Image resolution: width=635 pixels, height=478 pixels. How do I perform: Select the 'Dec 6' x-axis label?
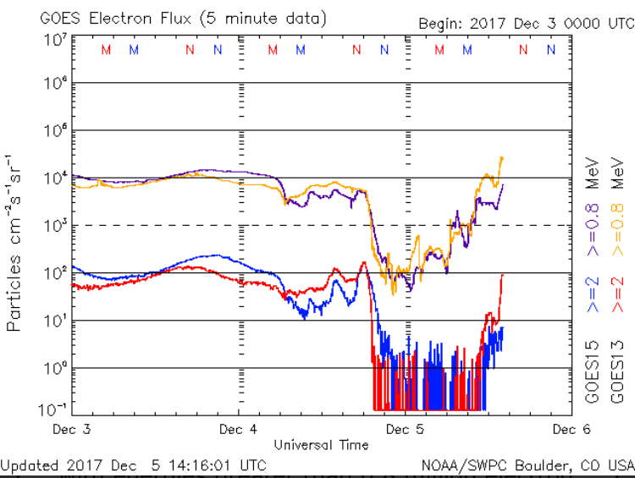click(x=571, y=429)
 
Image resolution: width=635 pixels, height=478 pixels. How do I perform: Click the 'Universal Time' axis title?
click(x=321, y=444)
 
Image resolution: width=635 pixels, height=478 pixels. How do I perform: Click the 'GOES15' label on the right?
click(x=594, y=371)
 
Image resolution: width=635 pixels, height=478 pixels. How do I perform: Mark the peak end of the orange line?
click(x=502, y=157)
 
